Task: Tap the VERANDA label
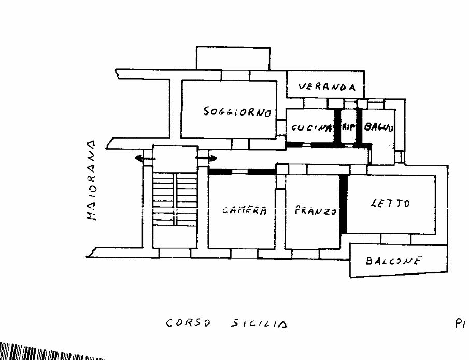[328, 88]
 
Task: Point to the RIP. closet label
[349, 127]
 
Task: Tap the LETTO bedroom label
[390, 203]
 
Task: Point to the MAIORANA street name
[92, 180]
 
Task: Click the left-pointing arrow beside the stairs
[141, 158]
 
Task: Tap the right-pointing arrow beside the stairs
[207, 157]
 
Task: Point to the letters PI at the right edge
[460, 324]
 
